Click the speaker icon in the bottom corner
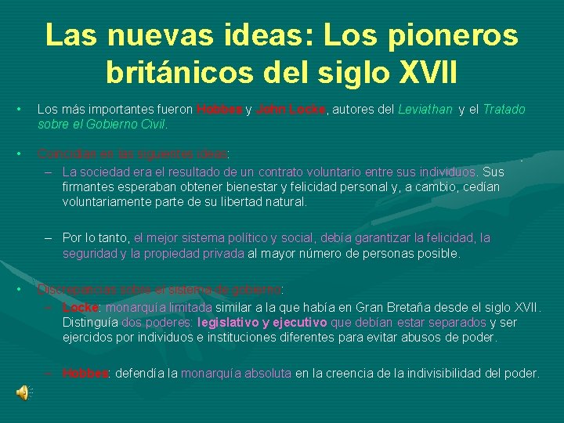(x=24, y=392)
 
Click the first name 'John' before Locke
(x=270, y=110)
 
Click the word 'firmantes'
(x=89, y=187)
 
